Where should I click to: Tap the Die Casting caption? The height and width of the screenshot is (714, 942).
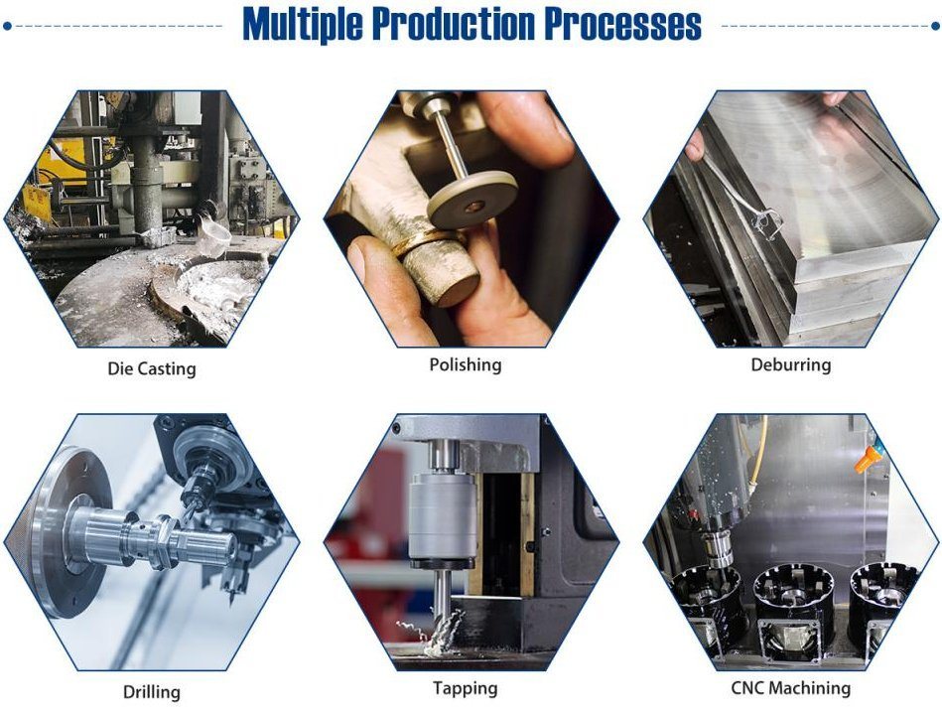click(x=152, y=368)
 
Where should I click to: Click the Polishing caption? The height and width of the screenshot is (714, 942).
click(x=465, y=364)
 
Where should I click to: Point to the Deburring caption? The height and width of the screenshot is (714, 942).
click(x=790, y=364)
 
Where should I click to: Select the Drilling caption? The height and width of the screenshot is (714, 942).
click(x=151, y=691)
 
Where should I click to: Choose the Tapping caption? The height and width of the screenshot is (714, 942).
click(x=465, y=687)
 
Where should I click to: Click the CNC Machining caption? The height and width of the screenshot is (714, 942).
click(x=790, y=687)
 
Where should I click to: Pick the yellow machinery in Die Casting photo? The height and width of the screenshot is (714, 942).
click(x=74, y=159)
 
